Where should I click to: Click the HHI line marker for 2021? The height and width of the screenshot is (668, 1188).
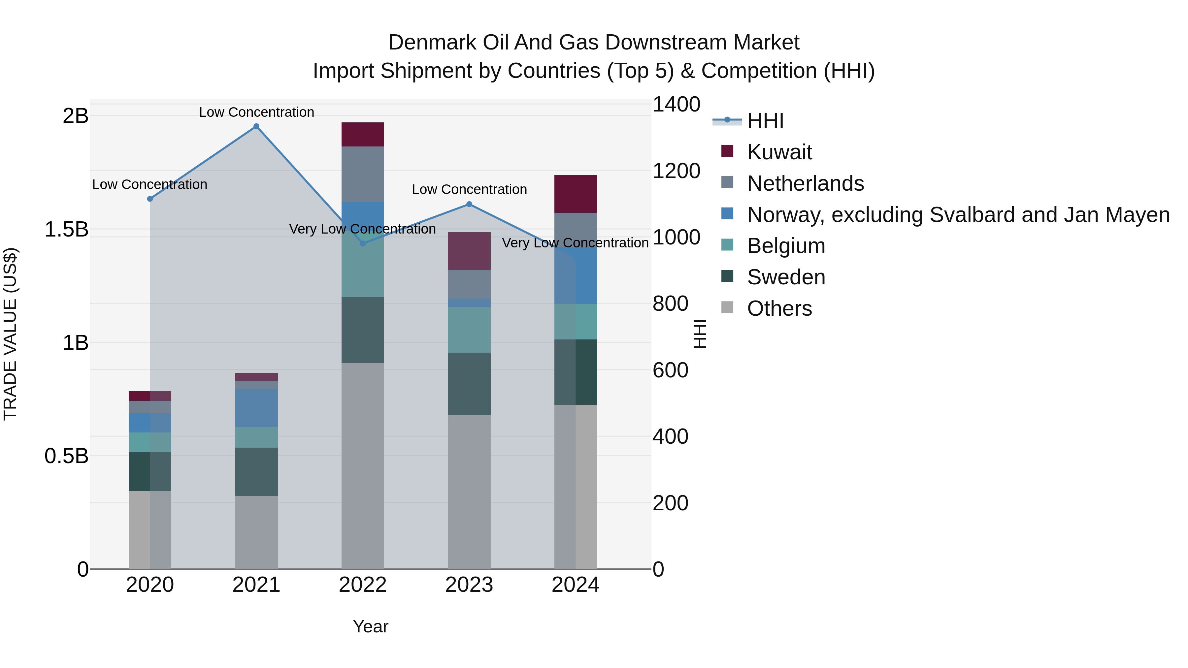click(256, 126)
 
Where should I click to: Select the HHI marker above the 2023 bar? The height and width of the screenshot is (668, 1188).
click(469, 204)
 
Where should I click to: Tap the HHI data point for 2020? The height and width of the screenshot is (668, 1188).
click(150, 199)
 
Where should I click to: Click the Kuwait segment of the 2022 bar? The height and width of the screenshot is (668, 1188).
click(362, 135)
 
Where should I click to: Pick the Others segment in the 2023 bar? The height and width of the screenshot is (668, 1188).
click(469, 492)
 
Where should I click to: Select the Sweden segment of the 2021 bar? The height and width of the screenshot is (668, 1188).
click(256, 472)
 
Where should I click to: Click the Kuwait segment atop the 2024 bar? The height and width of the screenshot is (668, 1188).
click(576, 194)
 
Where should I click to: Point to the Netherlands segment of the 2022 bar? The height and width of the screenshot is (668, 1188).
click(362, 174)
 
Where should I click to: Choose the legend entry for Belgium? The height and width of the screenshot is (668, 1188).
click(786, 246)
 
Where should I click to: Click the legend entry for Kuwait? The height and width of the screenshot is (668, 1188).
click(779, 152)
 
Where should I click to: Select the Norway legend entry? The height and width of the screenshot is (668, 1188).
click(958, 215)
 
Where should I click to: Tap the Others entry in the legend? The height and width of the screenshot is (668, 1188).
click(779, 308)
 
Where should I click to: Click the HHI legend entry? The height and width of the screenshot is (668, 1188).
click(765, 121)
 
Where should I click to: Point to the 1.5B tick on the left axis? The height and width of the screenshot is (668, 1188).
click(66, 230)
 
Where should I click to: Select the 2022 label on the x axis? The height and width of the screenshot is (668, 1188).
click(362, 585)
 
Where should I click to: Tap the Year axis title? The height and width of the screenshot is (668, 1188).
click(370, 626)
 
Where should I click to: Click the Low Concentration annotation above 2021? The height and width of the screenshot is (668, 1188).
click(256, 112)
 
